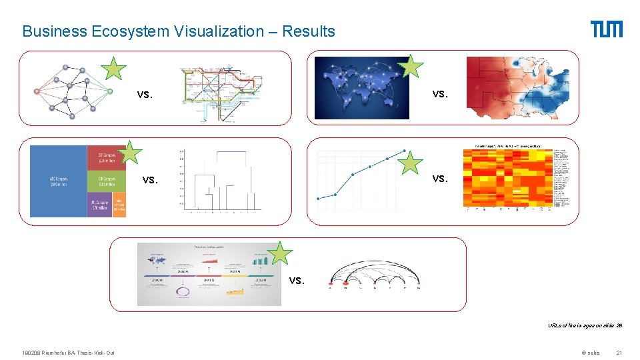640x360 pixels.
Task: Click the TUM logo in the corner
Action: pos(606,29)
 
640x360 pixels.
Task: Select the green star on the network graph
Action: pos(114,69)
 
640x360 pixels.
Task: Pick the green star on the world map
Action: pos(411,66)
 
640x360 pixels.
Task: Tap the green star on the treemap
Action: pos(130,152)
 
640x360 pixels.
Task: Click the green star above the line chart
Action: pos(412,162)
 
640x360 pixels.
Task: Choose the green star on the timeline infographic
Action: pos(281,254)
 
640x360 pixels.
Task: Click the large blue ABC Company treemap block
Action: pos(59,181)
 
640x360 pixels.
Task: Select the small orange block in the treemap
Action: pos(119,207)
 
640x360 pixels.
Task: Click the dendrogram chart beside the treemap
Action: pos(220,180)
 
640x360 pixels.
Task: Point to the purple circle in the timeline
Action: pos(182,291)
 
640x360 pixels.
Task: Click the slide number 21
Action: pos(619,353)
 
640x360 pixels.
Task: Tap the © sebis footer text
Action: pos(591,353)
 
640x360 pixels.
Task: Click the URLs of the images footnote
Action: pos(585,326)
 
